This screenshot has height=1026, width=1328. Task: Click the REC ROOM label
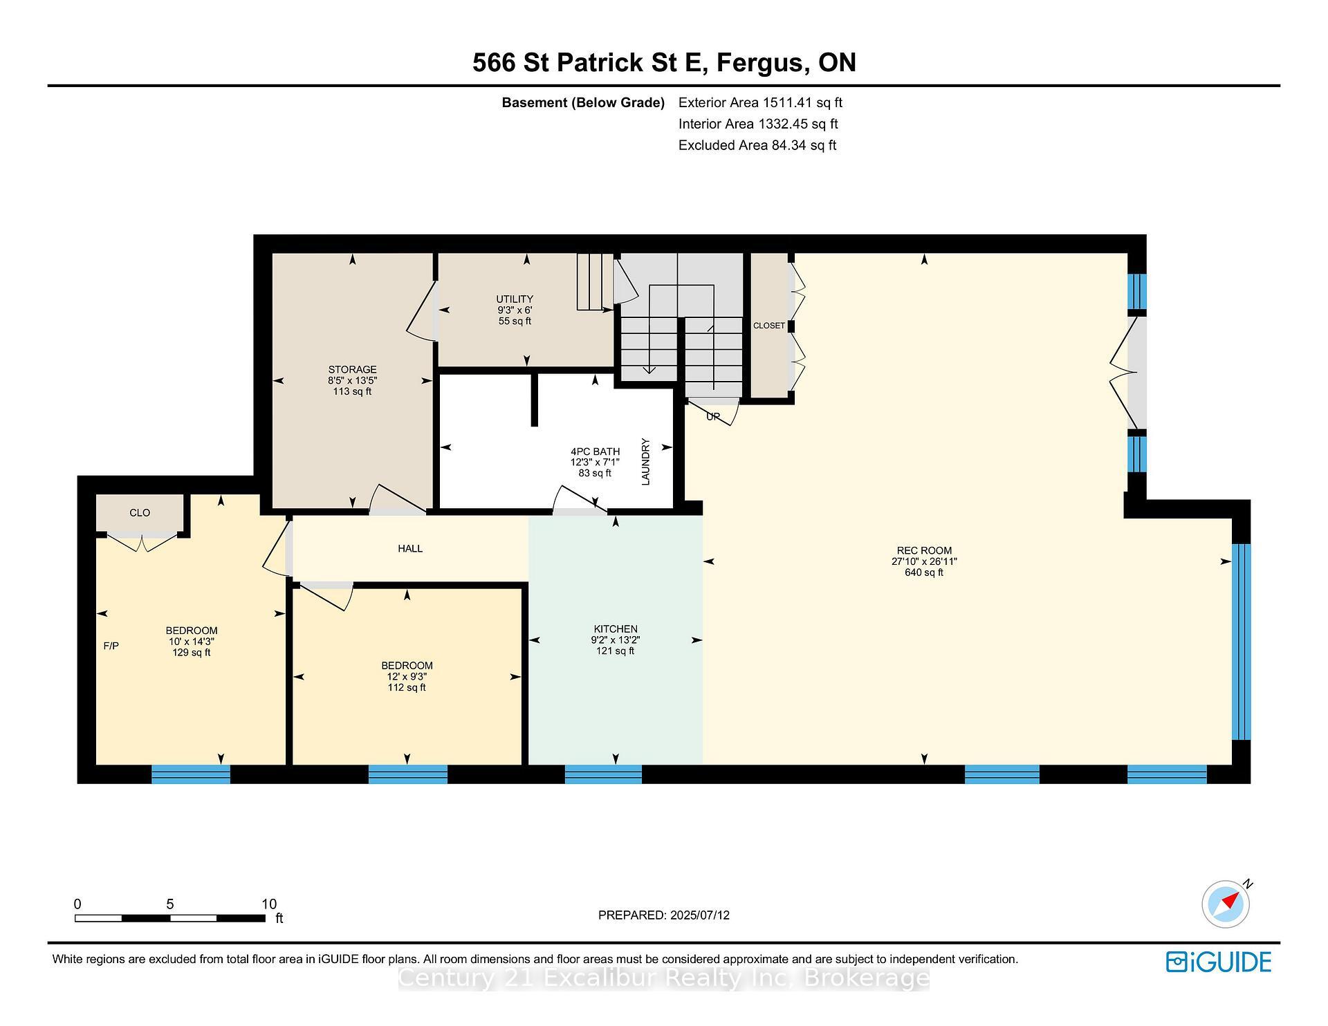click(924, 551)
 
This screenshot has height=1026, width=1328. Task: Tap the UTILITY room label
click(515, 299)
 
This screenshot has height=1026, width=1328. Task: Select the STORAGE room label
click(352, 369)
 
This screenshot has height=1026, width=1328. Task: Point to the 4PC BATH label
click(595, 451)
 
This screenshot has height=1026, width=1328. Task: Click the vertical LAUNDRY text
click(646, 462)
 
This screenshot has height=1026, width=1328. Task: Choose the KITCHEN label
click(616, 629)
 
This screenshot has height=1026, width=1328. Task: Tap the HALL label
click(410, 548)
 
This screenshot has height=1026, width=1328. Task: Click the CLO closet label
click(140, 512)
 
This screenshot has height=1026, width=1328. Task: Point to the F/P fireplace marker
click(111, 646)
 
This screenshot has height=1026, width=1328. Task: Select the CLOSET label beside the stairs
click(769, 326)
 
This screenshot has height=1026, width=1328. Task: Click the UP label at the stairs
click(713, 416)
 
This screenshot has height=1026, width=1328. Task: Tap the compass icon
click(1226, 904)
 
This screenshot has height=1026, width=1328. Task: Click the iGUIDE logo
click(1219, 962)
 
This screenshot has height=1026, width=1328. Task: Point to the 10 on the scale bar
click(269, 904)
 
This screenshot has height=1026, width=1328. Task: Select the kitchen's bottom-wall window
click(603, 774)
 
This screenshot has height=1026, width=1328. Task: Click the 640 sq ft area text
click(924, 572)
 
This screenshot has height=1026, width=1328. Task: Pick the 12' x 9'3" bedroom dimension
click(407, 677)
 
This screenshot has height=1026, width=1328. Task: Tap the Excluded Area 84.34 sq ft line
click(757, 145)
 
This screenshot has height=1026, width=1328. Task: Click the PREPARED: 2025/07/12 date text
click(664, 915)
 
